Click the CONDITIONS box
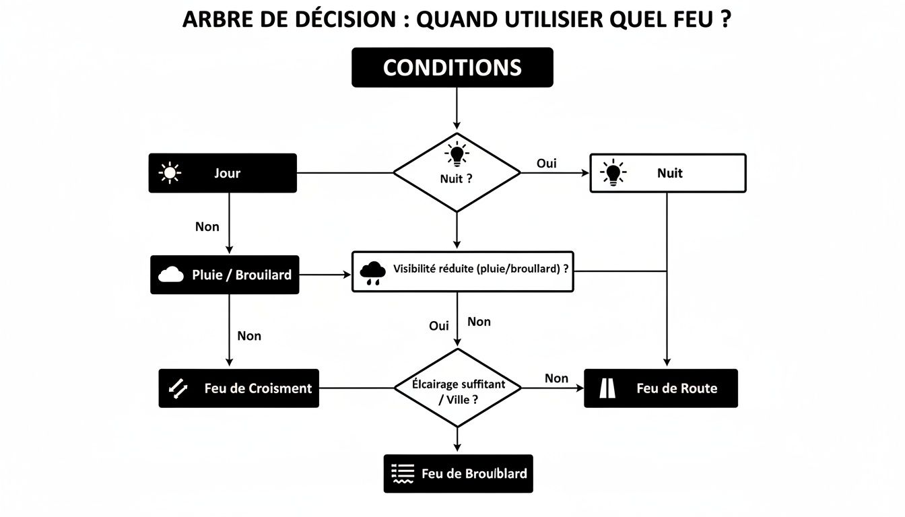pyautogui.click(x=452, y=67)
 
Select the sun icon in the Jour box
pyautogui.click(x=170, y=173)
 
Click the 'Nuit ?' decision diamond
pyautogui.click(x=457, y=172)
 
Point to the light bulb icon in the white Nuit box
pyautogui.click(x=612, y=173)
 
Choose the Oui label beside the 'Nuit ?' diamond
pyautogui.click(x=546, y=164)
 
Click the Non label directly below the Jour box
pyautogui.click(x=207, y=227)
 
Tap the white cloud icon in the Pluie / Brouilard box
pyautogui.click(x=171, y=275)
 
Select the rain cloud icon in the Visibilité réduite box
pyautogui.click(x=373, y=272)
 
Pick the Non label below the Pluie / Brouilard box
pyautogui.click(x=249, y=335)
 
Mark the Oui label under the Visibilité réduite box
pyautogui.click(x=438, y=326)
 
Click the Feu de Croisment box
pyautogui.click(x=238, y=388)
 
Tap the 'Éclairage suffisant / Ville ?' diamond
pyautogui.click(x=457, y=388)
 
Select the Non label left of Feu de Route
pyautogui.click(x=556, y=378)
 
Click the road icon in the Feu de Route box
pyautogui.click(x=609, y=388)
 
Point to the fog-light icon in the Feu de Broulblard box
pyautogui.click(x=403, y=474)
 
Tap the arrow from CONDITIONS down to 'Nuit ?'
pyautogui.click(x=457, y=108)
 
